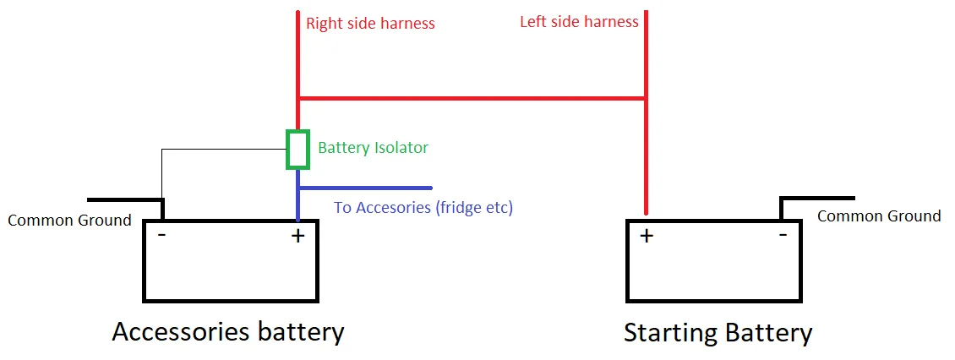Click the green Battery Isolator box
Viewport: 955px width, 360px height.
(x=297, y=150)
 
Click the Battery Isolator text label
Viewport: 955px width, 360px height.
(x=373, y=148)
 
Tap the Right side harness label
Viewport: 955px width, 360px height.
(x=370, y=24)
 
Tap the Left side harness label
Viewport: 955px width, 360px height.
(x=579, y=21)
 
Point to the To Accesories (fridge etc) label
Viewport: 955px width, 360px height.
(x=423, y=207)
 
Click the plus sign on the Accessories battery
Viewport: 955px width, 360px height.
(x=297, y=236)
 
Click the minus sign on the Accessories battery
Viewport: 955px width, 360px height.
(x=161, y=235)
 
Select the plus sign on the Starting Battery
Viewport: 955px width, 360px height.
(x=647, y=236)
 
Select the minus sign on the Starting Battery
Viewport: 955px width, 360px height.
(x=783, y=234)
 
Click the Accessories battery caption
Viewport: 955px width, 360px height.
(x=228, y=331)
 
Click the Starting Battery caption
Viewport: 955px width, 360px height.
(x=718, y=332)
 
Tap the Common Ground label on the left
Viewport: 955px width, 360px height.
(x=69, y=221)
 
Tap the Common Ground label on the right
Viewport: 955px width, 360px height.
(x=879, y=216)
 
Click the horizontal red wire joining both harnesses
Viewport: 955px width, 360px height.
(x=473, y=98)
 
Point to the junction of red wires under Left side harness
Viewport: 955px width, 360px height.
(x=647, y=98)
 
